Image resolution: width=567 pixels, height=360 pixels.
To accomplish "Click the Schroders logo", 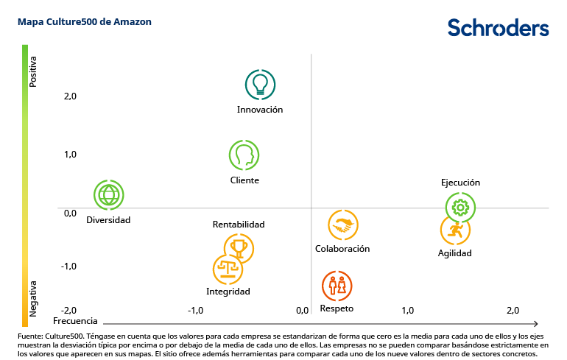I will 499,28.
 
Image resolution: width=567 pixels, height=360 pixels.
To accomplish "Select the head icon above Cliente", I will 244,155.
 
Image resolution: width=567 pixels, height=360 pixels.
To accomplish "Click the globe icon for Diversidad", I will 109,195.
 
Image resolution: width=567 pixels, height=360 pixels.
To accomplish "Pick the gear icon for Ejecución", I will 461,208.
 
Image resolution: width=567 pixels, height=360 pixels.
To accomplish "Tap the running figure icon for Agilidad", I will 455,230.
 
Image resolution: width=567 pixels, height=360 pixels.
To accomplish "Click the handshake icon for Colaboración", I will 342,226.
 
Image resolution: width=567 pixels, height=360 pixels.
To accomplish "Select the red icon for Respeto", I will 337,286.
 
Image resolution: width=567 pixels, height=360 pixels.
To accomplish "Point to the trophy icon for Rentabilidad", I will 239,248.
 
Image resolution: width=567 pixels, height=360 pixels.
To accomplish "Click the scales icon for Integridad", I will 228,269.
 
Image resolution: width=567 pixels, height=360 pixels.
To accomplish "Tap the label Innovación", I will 260,110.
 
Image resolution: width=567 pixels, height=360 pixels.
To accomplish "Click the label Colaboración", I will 342,249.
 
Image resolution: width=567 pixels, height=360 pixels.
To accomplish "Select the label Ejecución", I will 460,183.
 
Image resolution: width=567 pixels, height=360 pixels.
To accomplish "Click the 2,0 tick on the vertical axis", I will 49,96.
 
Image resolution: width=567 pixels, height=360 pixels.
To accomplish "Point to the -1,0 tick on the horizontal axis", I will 195,311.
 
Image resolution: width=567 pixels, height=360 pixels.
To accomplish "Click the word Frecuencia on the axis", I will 75,322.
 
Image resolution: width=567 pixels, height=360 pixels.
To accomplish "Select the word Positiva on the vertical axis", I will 33,72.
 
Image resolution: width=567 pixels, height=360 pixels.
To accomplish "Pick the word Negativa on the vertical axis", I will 33,297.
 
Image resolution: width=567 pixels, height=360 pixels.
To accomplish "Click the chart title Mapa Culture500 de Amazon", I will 85,22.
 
